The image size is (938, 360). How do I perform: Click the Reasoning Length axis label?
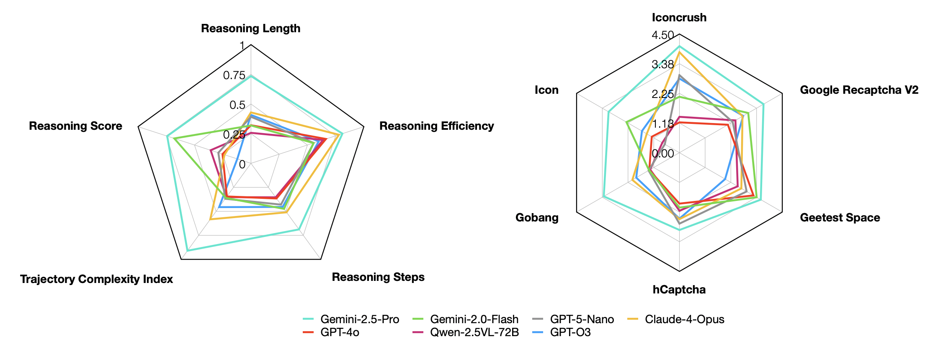coord(250,28)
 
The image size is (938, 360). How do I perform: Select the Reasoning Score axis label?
coord(75,126)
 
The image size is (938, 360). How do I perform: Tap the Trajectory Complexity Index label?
coord(96,279)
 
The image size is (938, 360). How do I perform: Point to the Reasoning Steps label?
coord(378,277)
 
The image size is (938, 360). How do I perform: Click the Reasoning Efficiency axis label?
coord(436,126)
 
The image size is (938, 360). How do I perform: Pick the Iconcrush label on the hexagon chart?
coord(679,18)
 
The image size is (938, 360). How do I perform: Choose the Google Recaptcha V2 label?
coord(859,90)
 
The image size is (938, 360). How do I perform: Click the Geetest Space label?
coord(840,218)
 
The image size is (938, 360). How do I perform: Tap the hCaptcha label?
coord(679,290)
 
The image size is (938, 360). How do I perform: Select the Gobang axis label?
coord(537,218)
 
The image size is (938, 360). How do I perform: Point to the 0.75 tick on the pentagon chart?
coord(234,75)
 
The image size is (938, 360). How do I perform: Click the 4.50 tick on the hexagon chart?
coord(662,35)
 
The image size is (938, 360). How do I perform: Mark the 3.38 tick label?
coord(662,64)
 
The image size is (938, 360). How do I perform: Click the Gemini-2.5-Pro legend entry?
coord(359,319)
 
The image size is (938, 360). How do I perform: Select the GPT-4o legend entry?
coord(340,332)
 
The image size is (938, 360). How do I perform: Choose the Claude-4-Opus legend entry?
coord(684,319)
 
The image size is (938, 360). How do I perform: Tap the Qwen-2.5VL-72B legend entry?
coord(474,332)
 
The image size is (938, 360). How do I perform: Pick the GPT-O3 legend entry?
coord(570,332)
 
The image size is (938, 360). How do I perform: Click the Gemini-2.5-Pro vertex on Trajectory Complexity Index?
coord(187,250)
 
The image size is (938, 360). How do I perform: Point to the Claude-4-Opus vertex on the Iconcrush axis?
coord(679,52)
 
